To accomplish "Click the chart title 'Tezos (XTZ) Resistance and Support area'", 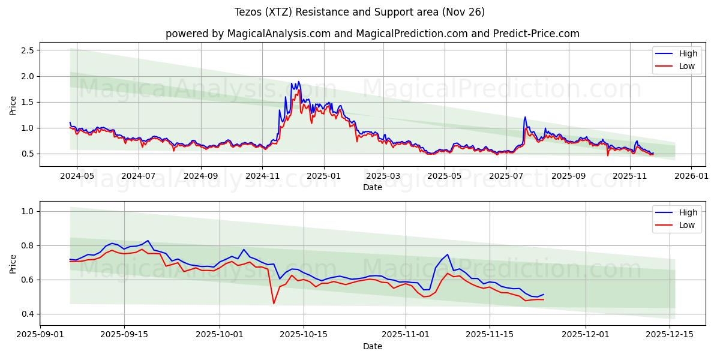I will (360, 12).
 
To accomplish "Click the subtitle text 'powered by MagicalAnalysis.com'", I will (248, 34).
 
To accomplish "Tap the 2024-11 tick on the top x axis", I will (263, 176).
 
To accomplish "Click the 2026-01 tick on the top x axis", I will (691, 176).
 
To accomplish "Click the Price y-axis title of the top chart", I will (13, 105).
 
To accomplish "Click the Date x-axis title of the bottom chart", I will (372, 346).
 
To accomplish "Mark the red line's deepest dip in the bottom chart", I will (274, 303).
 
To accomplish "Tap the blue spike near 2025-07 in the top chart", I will (525, 117).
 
